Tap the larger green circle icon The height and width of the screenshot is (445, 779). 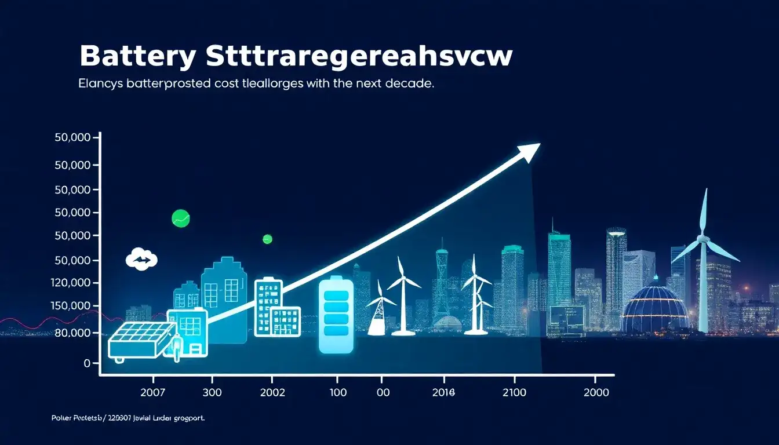tap(181, 218)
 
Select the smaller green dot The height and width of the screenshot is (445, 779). tap(267, 239)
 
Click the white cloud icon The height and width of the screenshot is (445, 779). tap(141, 260)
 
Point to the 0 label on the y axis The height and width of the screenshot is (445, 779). tap(87, 363)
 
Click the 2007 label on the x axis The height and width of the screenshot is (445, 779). tap(156, 392)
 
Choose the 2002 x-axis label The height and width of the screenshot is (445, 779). tap(270, 392)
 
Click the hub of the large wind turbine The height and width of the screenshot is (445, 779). tap(703, 237)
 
